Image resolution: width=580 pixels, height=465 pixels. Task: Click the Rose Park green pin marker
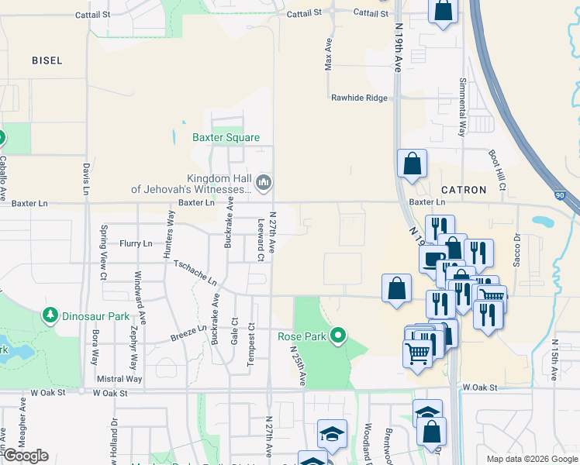click(x=338, y=336)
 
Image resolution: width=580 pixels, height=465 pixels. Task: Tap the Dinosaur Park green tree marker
click(x=50, y=315)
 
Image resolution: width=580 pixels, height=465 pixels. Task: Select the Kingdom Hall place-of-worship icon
click(x=264, y=183)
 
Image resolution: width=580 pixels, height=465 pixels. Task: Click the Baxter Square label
click(x=226, y=138)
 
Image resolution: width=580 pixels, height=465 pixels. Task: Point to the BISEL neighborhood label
click(x=47, y=60)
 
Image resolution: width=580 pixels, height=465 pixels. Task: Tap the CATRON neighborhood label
click(x=464, y=189)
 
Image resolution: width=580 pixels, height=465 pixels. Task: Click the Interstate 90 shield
click(x=560, y=196)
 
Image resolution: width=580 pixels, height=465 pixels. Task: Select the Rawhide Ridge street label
click(x=358, y=98)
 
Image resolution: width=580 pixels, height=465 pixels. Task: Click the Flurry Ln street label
click(x=136, y=243)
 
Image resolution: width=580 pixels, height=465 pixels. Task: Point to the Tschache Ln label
click(x=195, y=273)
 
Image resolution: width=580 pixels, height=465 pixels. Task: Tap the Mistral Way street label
click(x=119, y=379)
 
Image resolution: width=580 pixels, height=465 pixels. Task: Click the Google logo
click(x=26, y=456)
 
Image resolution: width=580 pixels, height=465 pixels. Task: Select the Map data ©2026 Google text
click(x=532, y=459)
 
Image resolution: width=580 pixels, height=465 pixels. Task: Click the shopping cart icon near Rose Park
click(x=417, y=353)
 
